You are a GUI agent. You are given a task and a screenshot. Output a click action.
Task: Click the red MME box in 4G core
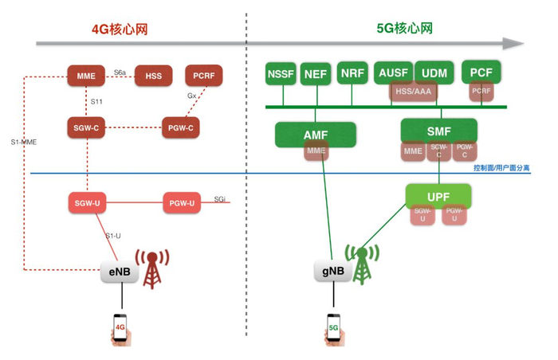click(87, 76)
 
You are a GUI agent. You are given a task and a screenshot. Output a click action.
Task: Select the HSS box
click(154, 76)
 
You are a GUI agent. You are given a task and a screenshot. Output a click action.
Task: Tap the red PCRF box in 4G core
click(203, 76)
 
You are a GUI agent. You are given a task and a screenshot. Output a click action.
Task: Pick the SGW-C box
click(87, 127)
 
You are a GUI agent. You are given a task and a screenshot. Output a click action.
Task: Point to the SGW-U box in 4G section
click(87, 203)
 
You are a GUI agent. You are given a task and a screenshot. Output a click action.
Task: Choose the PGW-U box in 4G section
click(182, 203)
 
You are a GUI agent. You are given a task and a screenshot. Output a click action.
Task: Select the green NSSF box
click(281, 74)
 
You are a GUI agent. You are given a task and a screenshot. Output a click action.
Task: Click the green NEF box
click(316, 74)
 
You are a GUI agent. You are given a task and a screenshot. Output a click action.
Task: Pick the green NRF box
click(352, 73)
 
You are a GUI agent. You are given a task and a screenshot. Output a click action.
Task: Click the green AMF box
click(315, 135)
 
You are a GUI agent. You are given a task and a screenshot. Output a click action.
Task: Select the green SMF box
click(438, 131)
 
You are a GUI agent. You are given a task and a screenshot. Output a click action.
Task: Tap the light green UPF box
click(438, 195)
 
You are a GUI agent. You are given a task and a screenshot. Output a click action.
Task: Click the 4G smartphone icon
click(120, 328)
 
